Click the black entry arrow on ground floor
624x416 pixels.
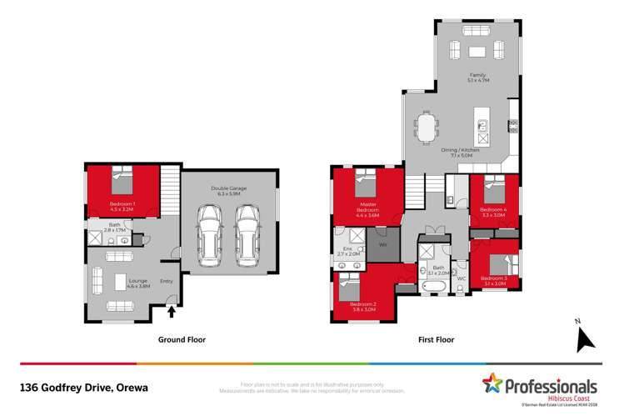coord(172,312)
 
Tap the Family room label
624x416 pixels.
coord(476,78)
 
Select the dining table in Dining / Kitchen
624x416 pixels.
coord(426,129)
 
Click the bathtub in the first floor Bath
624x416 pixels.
coord(432,288)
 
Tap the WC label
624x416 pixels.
coord(461,278)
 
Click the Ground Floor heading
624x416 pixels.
coord(182,340)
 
